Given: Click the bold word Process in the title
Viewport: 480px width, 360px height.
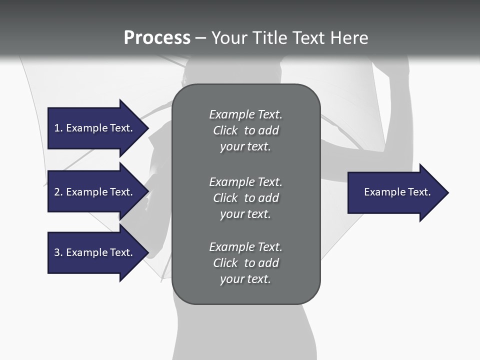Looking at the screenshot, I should tap(157, 38).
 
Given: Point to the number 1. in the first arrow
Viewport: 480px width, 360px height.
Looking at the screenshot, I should tap(58, 128).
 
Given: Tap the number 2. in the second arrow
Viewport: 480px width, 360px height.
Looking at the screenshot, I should tap(58, 192).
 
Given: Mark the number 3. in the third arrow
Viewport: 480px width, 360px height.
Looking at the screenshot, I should tap(58, 252).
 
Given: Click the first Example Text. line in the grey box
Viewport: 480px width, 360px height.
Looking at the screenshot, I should tap(245, 114).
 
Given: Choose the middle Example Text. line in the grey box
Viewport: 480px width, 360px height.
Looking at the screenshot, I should tap(245, 182).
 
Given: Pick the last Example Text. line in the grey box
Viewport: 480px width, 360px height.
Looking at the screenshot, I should tap(245, 247).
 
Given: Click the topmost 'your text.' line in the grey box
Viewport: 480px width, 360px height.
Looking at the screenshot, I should tap(245, 147).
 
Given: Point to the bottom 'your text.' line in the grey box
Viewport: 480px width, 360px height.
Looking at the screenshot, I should tap(245, 279).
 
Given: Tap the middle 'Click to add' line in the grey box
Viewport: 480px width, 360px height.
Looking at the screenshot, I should tap(245, 198).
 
